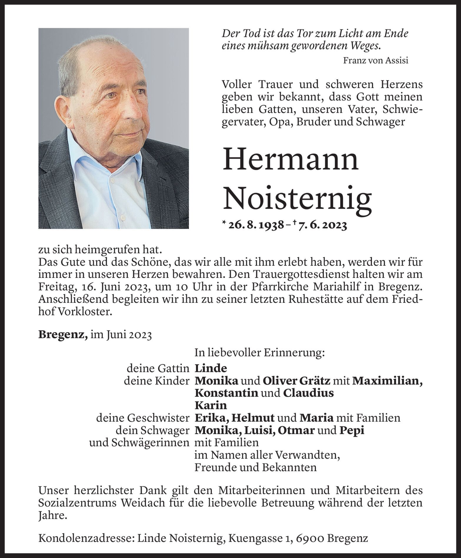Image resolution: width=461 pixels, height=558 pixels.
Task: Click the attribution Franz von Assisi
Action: pyautogui.click(x=375, y=61)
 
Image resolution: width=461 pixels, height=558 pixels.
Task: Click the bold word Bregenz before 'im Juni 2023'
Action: pyautogui.click(x=63, y=335)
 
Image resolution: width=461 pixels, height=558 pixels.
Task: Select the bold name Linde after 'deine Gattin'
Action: pyautogui.click(x=211, y=368)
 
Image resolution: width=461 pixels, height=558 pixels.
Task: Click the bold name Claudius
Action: pyautogui.click(x=308, y=393)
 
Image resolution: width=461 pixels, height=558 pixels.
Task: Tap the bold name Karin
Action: pyautogui.click(x=211, y=406)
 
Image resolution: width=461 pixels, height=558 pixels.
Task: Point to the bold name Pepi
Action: pyautogui.click(x=352, y=430)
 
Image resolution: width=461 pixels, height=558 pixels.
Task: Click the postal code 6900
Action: pyautogui.click(x=309, y=538)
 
